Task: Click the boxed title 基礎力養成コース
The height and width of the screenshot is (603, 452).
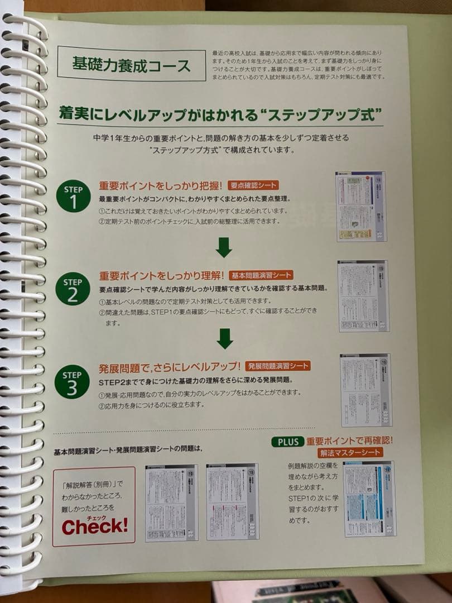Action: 131,64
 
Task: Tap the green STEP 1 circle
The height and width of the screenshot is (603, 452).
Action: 73,195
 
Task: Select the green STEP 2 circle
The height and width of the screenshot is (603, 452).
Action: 73,288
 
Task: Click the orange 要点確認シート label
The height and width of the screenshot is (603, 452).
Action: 253,185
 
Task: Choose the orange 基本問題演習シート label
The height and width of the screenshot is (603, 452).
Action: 261,275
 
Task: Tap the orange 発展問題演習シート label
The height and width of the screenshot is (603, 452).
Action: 277,366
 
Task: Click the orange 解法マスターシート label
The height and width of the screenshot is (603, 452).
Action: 350,452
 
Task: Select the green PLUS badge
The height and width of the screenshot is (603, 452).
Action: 287,441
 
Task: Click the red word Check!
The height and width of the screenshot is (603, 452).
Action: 94,525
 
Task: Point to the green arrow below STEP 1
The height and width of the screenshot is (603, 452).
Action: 224,247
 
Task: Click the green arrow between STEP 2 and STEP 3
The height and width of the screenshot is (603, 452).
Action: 224,338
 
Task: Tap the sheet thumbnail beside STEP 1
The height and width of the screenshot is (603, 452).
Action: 361,206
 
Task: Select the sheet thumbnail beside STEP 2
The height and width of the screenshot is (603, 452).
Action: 363,296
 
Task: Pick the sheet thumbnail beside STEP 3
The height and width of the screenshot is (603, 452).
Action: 366,389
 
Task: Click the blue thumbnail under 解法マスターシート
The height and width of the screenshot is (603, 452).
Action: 369,499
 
